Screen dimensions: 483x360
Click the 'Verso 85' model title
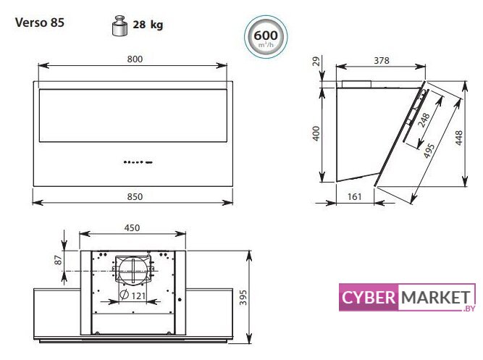point(40,22)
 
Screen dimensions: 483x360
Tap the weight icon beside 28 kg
point(119,25)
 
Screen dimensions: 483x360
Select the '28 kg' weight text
point(148,25)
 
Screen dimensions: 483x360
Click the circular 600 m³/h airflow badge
point(266,37)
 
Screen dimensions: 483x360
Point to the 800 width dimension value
point(135,59)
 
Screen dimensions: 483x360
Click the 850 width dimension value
point(135,196)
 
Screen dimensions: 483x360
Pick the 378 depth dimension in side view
point(382,60)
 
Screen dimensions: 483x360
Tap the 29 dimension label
point(316,61)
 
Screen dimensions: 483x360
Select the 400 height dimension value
point(316,133)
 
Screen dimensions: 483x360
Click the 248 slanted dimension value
point(424,120)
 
